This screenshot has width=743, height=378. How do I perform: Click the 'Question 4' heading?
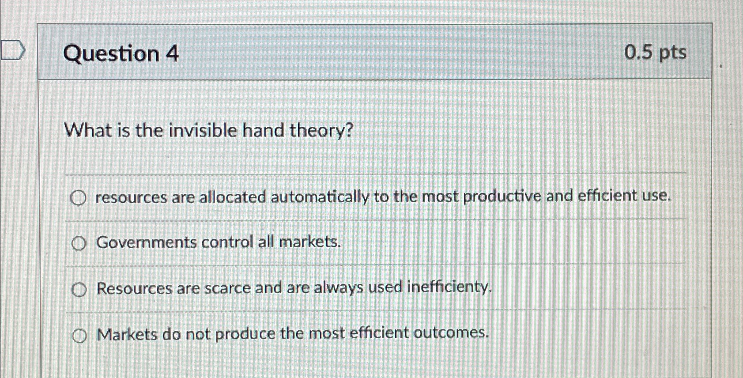pyautogui.click(x=121, y=54)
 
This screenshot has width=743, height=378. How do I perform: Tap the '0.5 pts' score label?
pyautogui.click(x=655, y=53)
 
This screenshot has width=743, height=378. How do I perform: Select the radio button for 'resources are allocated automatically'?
pyautogui.click(x=78, y=199)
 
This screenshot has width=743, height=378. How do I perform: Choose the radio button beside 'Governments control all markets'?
pyautogui.click(x=79, y=243)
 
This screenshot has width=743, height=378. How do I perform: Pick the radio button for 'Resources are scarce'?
pyautogui.click(x=79, y=290)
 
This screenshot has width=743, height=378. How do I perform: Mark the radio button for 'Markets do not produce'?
pyautogui.click(x=79, y=336)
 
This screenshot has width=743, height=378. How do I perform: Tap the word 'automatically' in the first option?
pyautogui.click(x=320, y=197)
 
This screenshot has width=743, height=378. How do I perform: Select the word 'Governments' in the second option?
pyautogui.click(x=146, y=242)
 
